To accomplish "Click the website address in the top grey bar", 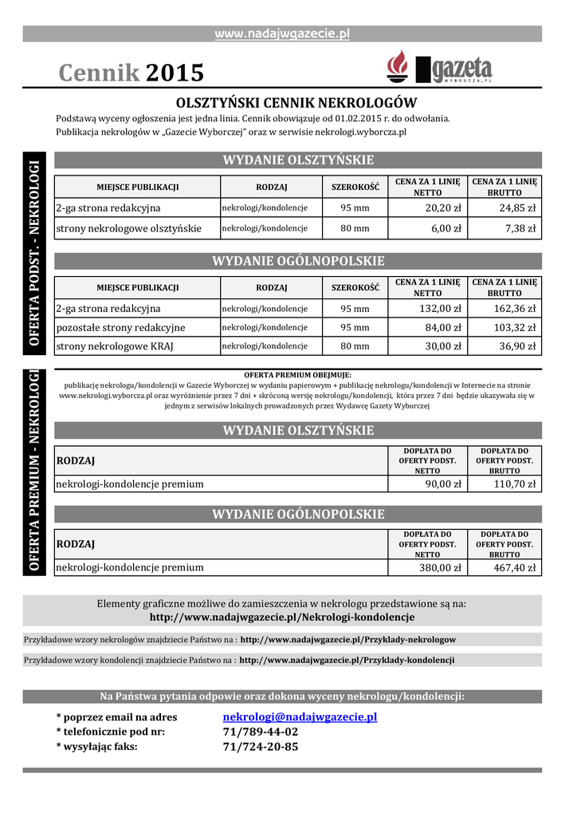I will pyautogui.click(x=282, y=34).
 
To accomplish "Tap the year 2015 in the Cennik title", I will pyautogui.click(x=175, y=73).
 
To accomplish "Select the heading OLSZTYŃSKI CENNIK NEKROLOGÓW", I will pyautogui.click(x=296, y=103).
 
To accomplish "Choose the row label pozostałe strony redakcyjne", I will pyautogui.click(x=120, y=327).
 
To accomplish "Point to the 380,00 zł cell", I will pyautogui.click(x=442, y=568).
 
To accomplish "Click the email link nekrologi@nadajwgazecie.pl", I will pyautogui.click(x=300, y=717).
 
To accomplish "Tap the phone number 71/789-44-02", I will pyautogui.click(x=261, y=732).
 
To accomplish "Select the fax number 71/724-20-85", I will pyautogui.click(x=261, y=747).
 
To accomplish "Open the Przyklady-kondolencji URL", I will pyautogui.click(x=347, y=661).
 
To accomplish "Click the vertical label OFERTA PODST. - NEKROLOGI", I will pyautogui.click(x=34, y=252).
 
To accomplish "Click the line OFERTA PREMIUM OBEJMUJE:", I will pyautogui.click(x=297, y=375).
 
